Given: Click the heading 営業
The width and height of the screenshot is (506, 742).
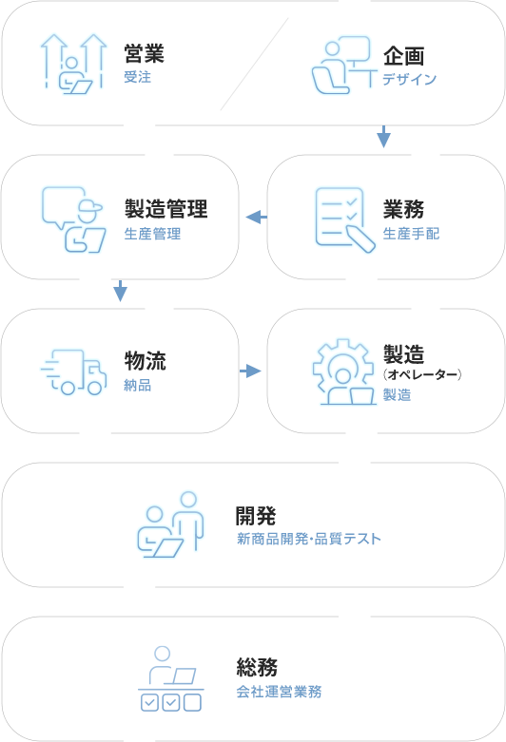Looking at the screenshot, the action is [144, 53].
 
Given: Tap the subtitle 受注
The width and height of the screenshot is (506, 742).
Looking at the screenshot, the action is [137, 77].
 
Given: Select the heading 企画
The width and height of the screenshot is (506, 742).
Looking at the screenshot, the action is [403, 56].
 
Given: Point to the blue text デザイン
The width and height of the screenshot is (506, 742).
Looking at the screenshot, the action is [410, 79].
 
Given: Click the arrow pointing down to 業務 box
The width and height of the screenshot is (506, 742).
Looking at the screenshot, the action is [383, 137].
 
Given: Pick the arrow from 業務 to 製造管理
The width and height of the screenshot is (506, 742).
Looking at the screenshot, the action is [256, 218].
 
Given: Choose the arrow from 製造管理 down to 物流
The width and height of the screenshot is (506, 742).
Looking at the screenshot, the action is [121, 291].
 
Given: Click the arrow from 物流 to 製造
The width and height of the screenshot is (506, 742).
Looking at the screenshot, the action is [250, 371].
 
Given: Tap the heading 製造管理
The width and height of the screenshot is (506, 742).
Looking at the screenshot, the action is [165, 209].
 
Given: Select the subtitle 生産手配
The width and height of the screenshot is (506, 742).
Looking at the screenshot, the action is [411, 234].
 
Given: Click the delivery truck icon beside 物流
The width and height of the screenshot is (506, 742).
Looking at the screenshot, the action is [74, 371].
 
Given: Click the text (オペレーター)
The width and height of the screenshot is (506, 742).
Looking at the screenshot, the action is [422, 374].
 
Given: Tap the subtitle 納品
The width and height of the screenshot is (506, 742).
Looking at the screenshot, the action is [137, 385].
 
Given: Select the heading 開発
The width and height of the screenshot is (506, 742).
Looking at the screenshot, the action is [256, 516].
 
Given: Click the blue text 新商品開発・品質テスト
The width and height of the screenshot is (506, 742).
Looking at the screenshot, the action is [309, 539].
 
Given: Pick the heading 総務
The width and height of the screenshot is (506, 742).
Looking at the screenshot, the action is [257, 668].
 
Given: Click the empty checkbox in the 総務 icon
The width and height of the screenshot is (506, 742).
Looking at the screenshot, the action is [192, 702].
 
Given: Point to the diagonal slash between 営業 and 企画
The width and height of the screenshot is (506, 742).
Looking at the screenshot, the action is [254, 64].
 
